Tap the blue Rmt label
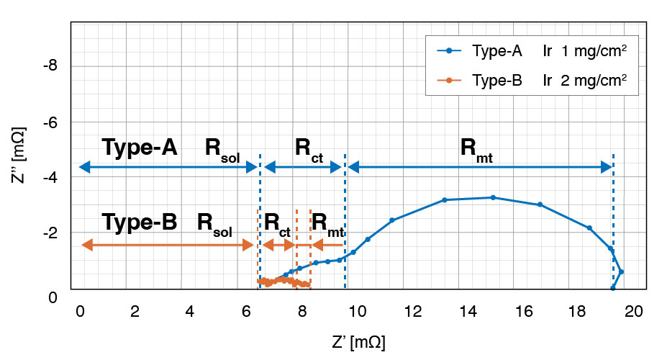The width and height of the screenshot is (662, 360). pyautogui.click(x=476, y=149)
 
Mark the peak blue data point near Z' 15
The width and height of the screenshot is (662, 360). pyautogui.click(x=493, y=197)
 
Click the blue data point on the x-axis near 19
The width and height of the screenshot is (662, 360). pyautogui.click(x=613, y=288)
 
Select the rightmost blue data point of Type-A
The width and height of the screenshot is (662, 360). pyautogui.click(x=621, y=272)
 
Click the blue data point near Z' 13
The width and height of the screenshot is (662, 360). pyautogui.click(x=445, y=199)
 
